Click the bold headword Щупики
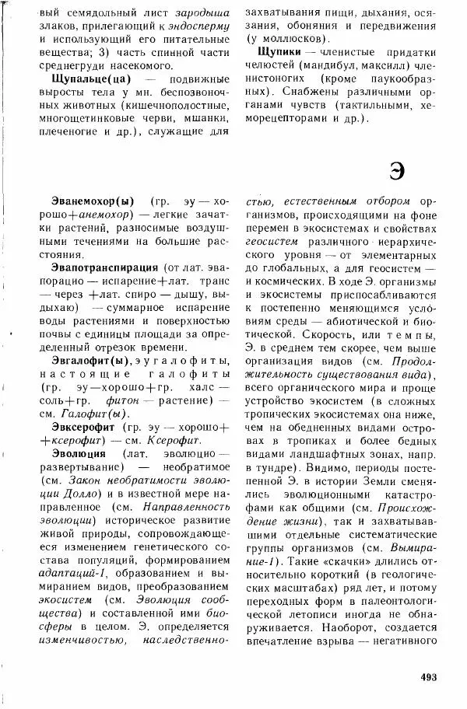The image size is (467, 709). coord(276,51)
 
